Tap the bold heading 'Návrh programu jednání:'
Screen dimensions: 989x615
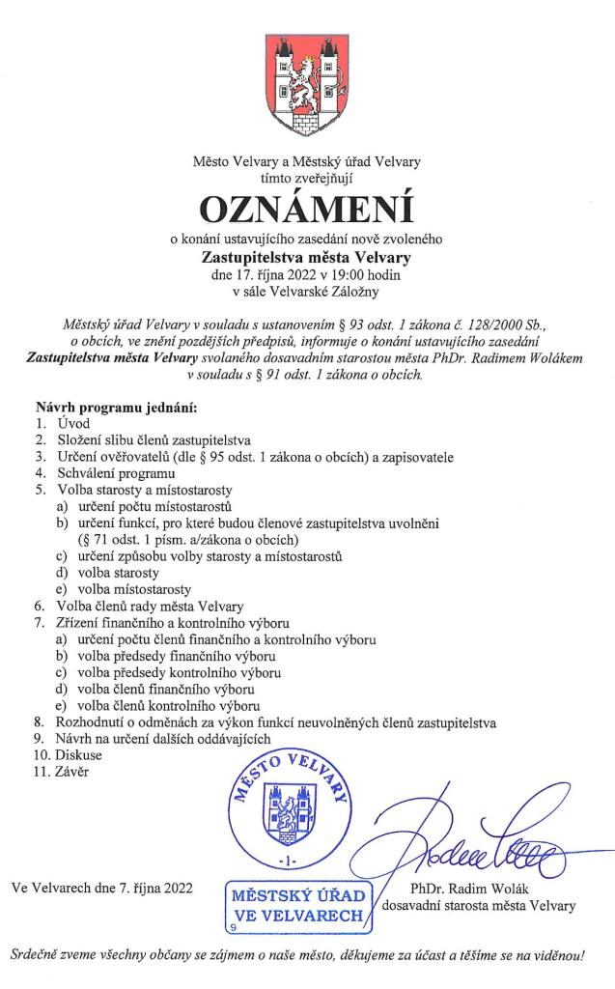pyautogui.click(x=116, y=407)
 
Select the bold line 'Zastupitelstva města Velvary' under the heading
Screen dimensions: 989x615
pyautogui.click(x=307, y=257)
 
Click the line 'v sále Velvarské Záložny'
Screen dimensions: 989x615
pyautogui.click(x=307, y=291)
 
